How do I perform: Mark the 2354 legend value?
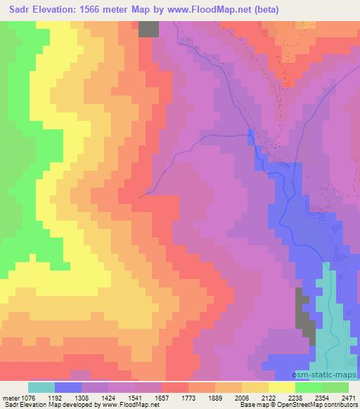tap(336, 398)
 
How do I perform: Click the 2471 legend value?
tap(349, 398)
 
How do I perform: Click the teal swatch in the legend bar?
tap(41, 387)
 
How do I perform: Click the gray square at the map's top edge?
tap(148, 28)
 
